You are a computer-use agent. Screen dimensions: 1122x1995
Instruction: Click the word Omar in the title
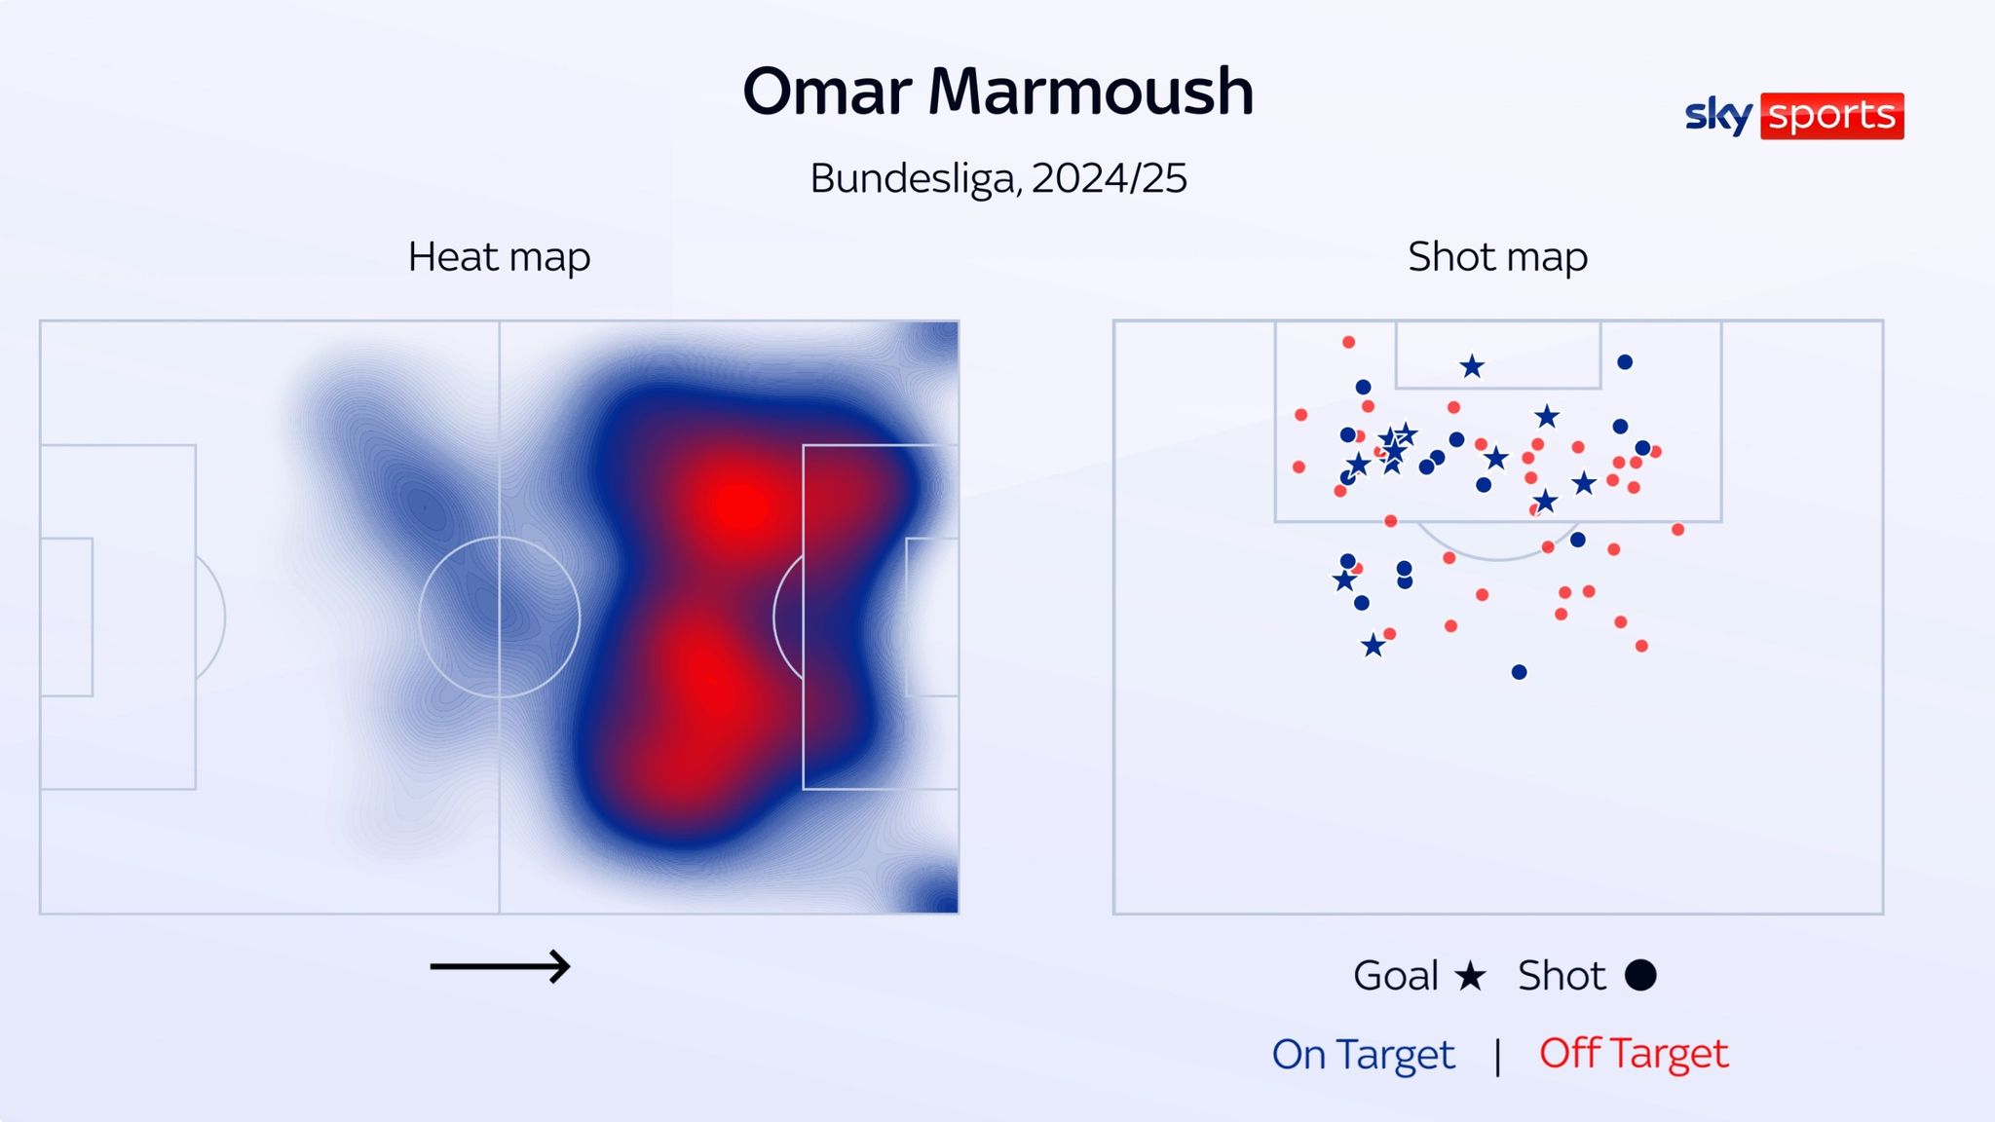tap(826, 93)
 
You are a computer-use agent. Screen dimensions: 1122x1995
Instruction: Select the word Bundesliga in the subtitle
tap(914, 178)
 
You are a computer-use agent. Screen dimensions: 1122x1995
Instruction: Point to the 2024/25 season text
tap(1109, 178)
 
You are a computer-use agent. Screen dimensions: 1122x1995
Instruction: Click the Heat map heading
tap(499, 257)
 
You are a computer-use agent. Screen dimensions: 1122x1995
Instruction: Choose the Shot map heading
tap(1497, 257)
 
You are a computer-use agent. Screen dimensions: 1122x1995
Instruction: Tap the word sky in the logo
tap(1718, 116)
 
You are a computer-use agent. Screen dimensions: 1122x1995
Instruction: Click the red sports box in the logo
tap(1831, 116)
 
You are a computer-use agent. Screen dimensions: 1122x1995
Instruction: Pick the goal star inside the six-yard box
tap(1472, 366)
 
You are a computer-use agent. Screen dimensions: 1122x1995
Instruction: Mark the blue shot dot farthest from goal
tap(1519, 672)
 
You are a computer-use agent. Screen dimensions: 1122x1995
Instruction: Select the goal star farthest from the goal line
tap(1373, 646)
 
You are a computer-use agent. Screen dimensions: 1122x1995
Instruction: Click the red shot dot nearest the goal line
tap(1348, 342)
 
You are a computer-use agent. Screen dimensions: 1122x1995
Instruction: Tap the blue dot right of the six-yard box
tap(1625, 362)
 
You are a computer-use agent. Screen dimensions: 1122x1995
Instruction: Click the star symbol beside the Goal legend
tap(1470, 975)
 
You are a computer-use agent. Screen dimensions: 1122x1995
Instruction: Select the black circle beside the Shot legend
tap(1640, 975)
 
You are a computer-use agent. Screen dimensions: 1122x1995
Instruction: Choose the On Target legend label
tap(1363, 1054)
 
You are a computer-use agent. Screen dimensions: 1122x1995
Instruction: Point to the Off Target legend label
tap(1634, 1054)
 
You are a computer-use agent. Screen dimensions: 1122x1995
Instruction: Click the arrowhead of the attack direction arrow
tap(561, 967)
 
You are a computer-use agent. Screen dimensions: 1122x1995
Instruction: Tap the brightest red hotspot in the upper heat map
tap(742, 505)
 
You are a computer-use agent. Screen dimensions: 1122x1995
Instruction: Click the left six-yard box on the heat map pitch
tap(66, 617)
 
